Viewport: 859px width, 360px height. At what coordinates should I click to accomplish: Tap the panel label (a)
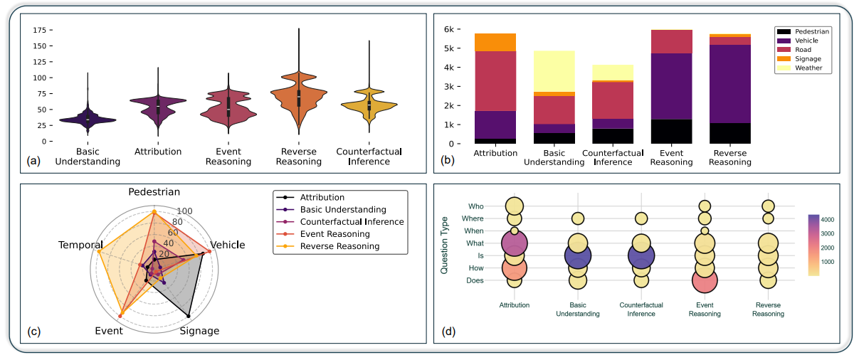(x=33, y=162)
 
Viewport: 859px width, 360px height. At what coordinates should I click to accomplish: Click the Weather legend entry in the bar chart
(x=809, y=68)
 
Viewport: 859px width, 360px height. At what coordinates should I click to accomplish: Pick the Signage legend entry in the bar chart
(x=809, y=59)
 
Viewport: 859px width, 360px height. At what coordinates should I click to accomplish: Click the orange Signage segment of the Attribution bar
(x=495, y=42)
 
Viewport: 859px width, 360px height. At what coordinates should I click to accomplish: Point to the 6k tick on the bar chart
(x=450, y=30)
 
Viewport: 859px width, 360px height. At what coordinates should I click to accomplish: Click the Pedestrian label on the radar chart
(x=154, y=193)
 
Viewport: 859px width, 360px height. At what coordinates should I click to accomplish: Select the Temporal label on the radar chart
(x=79, y=245)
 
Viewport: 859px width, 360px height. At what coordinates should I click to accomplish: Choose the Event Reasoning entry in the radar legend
(x=334, y=234)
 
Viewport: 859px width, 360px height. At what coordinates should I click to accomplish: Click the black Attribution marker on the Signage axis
(x=188, y=315)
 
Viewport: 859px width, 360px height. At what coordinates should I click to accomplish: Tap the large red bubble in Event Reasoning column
(x=704, y=280)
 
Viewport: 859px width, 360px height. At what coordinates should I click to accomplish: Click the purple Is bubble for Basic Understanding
(x=578, y=256)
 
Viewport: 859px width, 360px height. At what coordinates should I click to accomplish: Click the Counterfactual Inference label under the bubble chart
(x=641, y=309)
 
